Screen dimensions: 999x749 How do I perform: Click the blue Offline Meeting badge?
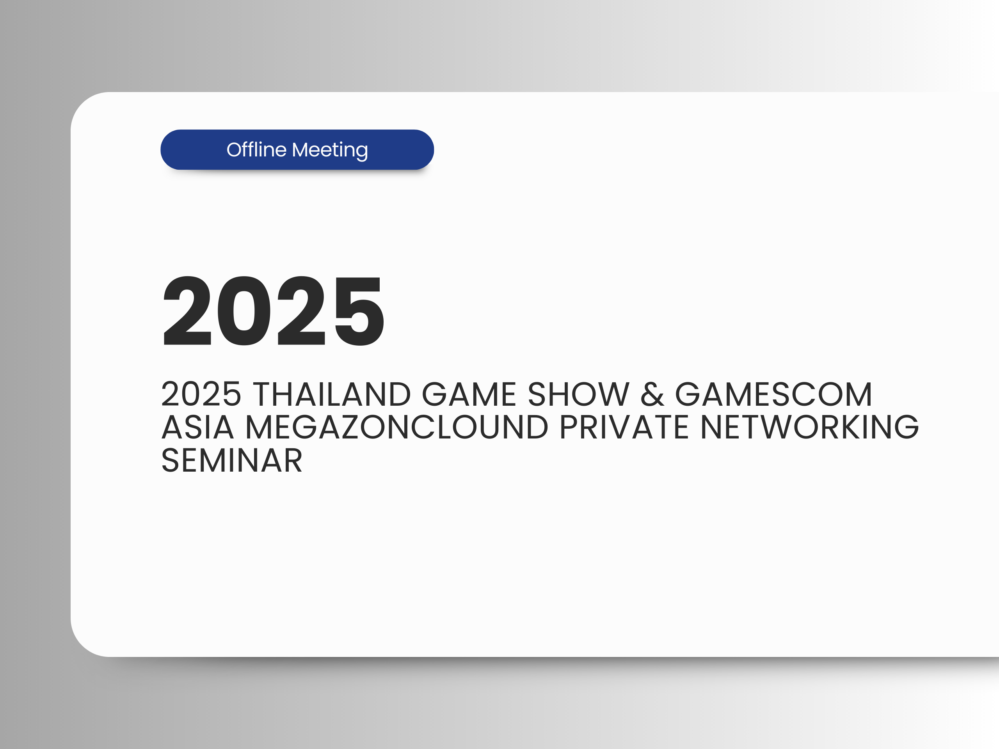click(297, 149)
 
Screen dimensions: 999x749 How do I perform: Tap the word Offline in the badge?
click(256, 149)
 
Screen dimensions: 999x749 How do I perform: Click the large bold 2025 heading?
click(274, 311)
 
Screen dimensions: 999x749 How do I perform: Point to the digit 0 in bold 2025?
click(244, 311)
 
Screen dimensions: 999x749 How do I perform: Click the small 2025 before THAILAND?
click(201, 394)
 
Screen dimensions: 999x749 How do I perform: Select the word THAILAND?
click(331, 394)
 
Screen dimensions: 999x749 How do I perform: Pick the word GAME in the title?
click(469, 394)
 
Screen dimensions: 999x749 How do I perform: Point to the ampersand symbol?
click(652, 394)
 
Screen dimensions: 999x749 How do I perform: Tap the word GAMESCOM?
click(773, 394)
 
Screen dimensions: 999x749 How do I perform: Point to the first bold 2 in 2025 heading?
click(187, 310)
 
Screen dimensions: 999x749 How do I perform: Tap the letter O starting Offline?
click(235, 150)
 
